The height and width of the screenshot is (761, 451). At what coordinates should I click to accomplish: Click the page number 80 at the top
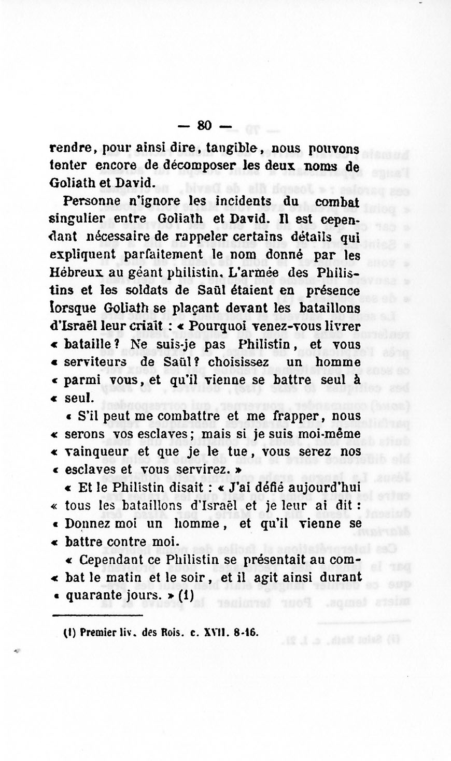205,125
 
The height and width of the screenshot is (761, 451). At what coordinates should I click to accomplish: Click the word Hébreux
73,272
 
